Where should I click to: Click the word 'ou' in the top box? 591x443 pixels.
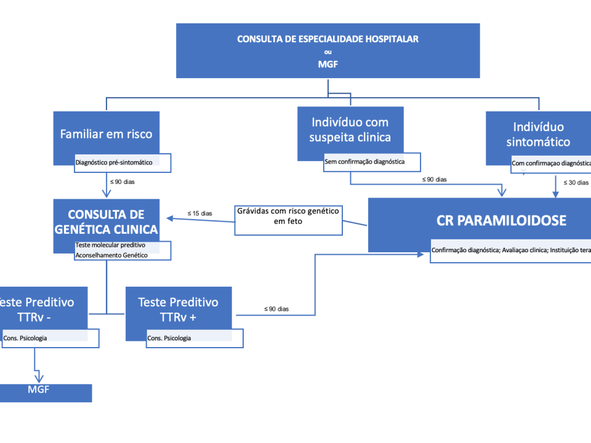328,52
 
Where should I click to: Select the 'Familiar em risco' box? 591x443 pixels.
107,134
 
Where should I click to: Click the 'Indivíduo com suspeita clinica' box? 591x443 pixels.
350,130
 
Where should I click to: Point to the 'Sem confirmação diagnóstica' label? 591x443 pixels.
364,162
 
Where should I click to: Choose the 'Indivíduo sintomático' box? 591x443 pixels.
538,134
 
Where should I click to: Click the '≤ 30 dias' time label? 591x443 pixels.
576,182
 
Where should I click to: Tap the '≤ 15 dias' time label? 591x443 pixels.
199,214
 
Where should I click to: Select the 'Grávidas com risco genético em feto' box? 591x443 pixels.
288,216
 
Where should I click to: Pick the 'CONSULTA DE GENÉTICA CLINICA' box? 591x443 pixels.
107,221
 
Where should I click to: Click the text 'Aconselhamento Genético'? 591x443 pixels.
111,255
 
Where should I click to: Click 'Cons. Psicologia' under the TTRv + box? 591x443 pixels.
169,338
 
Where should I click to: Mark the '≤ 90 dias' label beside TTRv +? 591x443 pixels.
276,308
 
